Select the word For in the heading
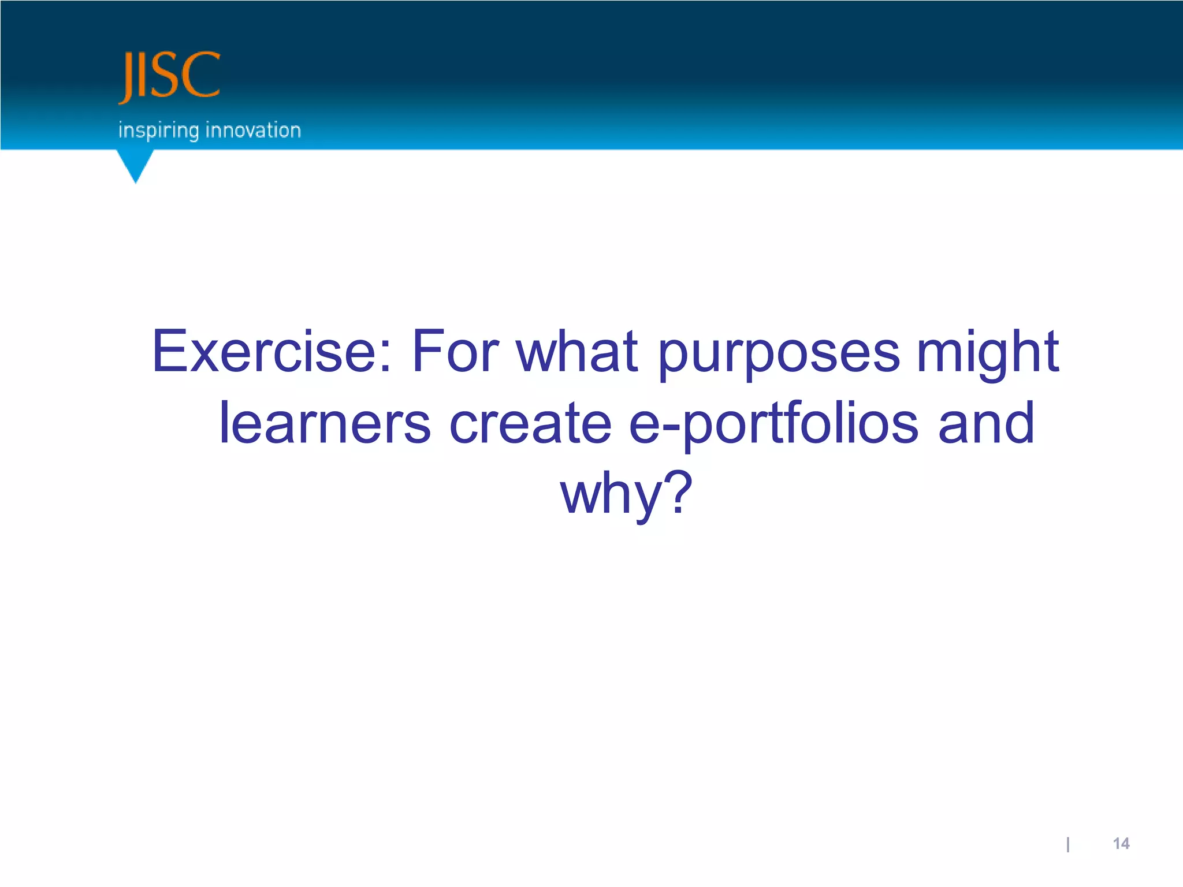[x=455, y=351]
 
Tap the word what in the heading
[x=577, y=351]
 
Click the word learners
[x=325, y=423]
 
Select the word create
[x=530, y=423]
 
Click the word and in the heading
[x=986, y=423]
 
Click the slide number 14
[x=1121, y=844]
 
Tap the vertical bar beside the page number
[x=1068, y=844]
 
